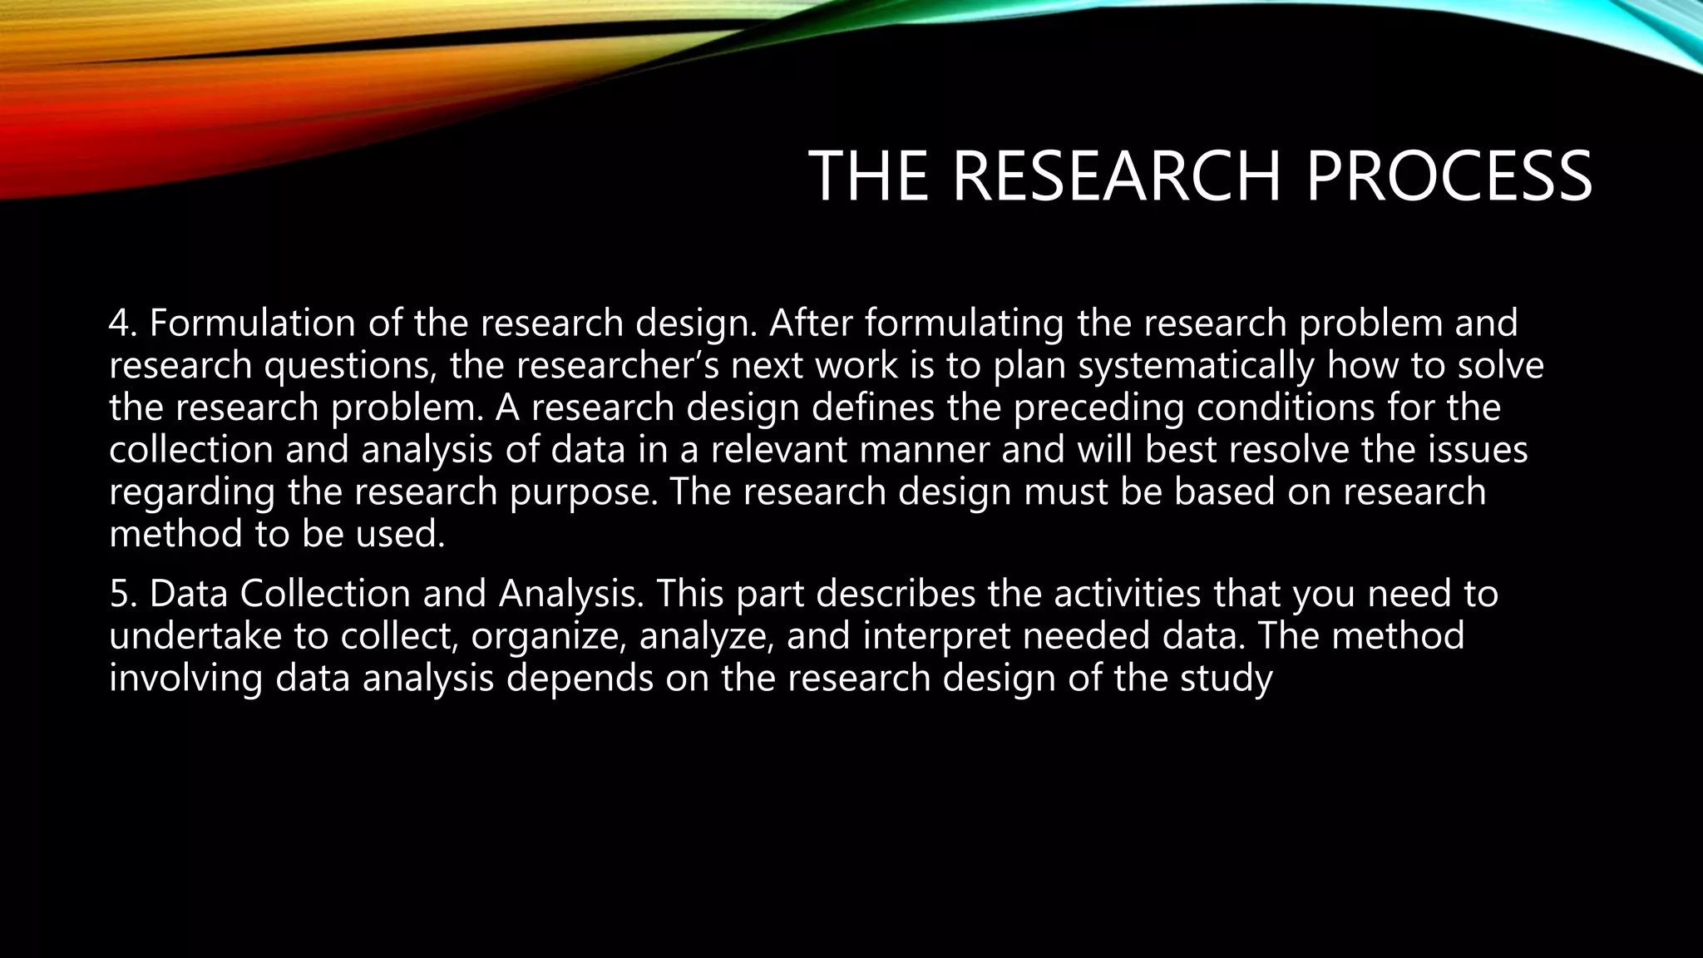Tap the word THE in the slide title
click(868, 176)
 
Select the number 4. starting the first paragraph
click(123, 323)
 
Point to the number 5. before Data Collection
click(123, 594)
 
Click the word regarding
click(192, 492)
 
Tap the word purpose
click(583, 492)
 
